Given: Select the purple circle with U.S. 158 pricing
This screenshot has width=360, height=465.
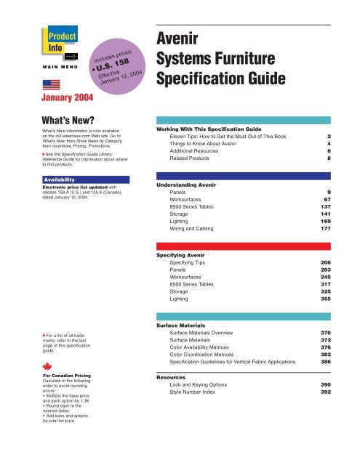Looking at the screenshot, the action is click(x=113, y=71).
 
